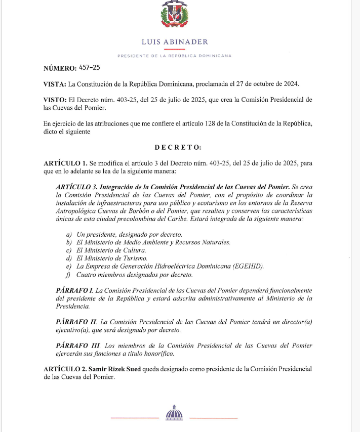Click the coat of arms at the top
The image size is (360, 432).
pyautogui.click(x=174, y=15)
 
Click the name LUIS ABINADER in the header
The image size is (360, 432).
pyautogui.click(x=174, y=42)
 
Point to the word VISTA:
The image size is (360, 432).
pyautogui.click(x=55, y=84)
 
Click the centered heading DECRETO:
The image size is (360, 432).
pyautogui.click(x=178, y=147)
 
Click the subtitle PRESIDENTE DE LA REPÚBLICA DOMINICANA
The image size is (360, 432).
pyautogui.click(x=174, y=56)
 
